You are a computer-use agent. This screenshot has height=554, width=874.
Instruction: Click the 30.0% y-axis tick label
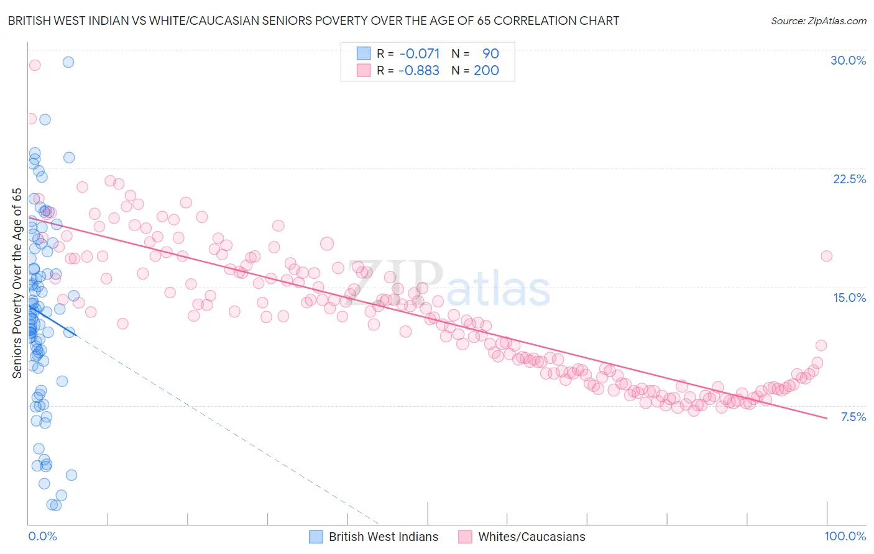(848, 60)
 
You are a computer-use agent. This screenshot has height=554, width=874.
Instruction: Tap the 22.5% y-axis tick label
(849, 179)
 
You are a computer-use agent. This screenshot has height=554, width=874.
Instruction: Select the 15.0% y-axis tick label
(849, 297)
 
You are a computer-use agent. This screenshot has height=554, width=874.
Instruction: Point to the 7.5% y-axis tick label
(853, 417)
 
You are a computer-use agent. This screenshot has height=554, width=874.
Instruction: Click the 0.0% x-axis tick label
(42, 536)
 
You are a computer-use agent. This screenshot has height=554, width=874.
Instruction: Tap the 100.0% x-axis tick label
(845, 536)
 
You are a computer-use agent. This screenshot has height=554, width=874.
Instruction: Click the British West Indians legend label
(383, 537)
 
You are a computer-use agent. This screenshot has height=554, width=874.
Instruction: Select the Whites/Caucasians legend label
(531, 537)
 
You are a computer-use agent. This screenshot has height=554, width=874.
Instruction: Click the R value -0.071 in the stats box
(420, 53)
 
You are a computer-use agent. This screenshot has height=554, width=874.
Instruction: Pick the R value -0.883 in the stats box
(419, 70)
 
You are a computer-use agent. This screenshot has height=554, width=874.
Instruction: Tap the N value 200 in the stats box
(486, 70)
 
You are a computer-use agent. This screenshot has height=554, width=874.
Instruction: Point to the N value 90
(490, 53)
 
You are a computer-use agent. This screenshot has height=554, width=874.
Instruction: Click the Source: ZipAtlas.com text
(818, 20)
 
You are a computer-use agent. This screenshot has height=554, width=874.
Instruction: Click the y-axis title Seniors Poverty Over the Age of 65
(17, 283)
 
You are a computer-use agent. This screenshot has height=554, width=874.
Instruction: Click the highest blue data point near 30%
(68, 62)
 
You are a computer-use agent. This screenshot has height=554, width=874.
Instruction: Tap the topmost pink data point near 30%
(35, 65)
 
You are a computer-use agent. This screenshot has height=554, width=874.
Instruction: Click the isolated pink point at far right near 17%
(826, 256)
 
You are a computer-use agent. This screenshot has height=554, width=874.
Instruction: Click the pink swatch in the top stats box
(363, 70)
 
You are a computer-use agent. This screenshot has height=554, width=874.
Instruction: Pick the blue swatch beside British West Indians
(316, 537)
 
